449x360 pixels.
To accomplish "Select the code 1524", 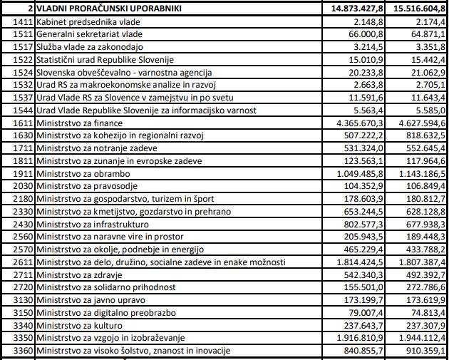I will pos(22,73).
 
